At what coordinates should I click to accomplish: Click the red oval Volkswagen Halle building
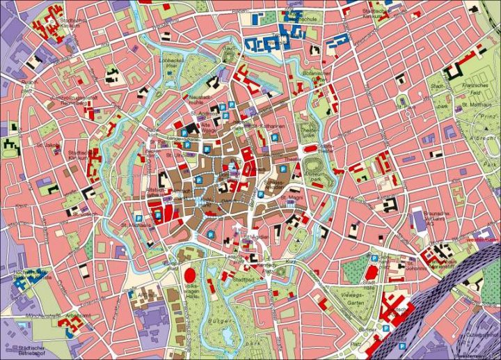tap(189, 274)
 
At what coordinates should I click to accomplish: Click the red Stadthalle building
tap(372, 272)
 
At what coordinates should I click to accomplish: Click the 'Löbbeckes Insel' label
tap(172, 64)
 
